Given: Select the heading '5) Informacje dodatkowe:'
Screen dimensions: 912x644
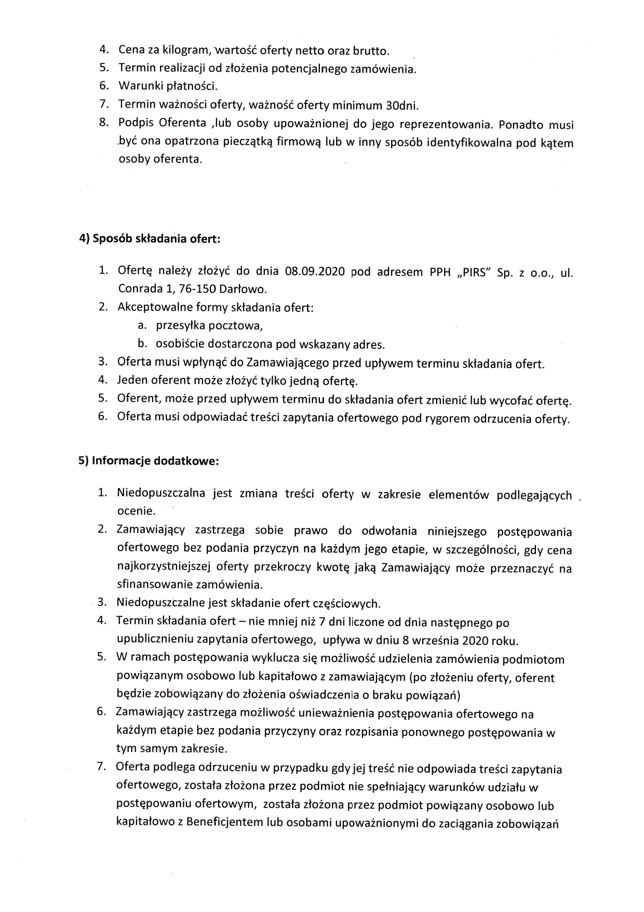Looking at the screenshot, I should [149, 461].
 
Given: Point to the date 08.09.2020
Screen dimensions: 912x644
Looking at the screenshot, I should [315, 272].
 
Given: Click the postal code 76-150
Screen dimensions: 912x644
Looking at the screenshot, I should [197, 289].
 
